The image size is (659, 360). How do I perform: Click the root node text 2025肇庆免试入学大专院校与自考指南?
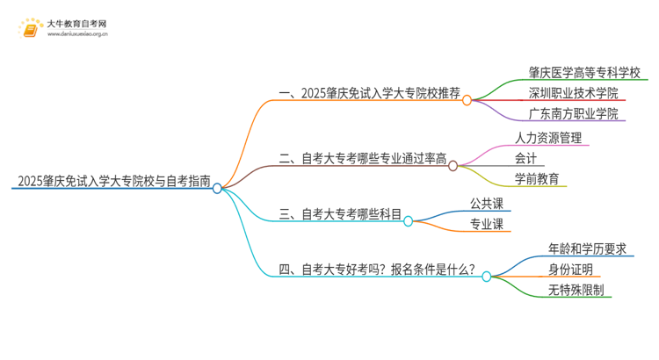pyautogui.click(x=112, y=183)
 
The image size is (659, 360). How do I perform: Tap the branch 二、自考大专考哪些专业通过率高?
pyautogui.click(x=362, y=159)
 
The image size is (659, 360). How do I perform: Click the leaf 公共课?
pyautogui.click(x=486, y=204)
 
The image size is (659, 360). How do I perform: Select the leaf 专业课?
pyautogui.click(x=486, y=225)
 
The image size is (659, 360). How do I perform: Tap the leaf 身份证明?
pyautogui.click(x=571, y=270)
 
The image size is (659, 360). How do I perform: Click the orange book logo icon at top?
pyautogui.click(x=31, y=29)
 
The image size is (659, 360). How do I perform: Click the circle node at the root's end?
pyautogui.click(x=217, y=188)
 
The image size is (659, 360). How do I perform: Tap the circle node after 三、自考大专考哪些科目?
pyautogui.click(x=408, y=221)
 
